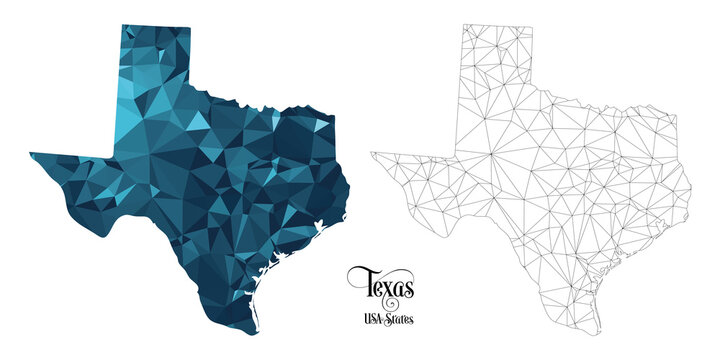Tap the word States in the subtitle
pyautogui.click(x=400, y=320)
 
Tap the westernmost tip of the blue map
pyautogui.click(x=30, y=153)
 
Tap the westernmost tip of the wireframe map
pyautogui.click(x=371, y=153)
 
